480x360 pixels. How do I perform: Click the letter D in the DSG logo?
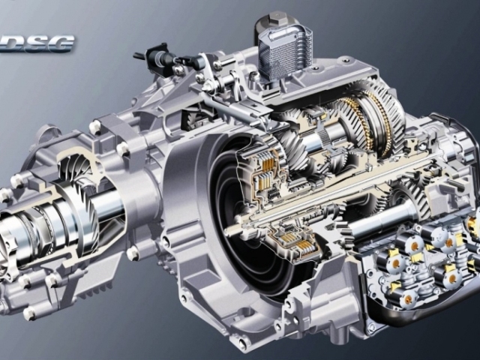click(x=18, y=43)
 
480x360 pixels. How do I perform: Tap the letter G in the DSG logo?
click(x=61, y=43)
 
